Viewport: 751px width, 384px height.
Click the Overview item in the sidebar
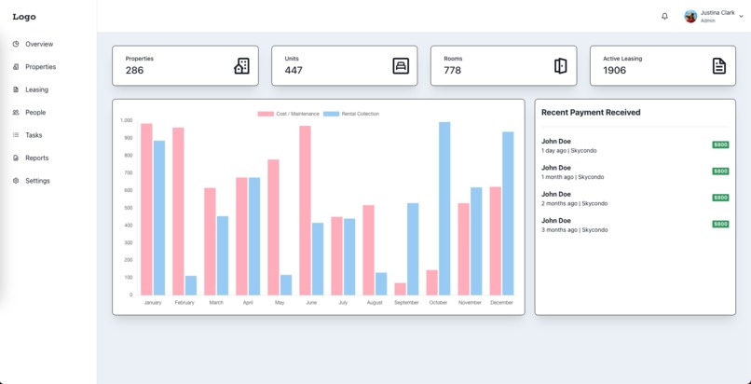click(x=38, y=44)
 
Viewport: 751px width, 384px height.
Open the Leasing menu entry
click(x=36, y=89)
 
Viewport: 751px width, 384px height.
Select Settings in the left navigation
click(x=37, y=181)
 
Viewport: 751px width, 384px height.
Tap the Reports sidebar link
click(x=36, y=158)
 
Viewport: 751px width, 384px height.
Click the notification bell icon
click(x=664, y=16)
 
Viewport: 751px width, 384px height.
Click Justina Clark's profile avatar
click(x=690, y=16)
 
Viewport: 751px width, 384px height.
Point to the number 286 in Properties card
click(x=135, y=71)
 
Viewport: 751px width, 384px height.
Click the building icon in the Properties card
click(x=241, y=66)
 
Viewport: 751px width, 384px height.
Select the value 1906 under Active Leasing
click(x=615, y=71)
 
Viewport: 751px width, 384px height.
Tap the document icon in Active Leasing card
click(x=718, y=66)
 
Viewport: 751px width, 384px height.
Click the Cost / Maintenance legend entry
click(x=289, y=114)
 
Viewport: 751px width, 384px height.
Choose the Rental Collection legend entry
click(x=351, y=114)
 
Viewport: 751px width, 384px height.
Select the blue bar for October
click(x=444, y=209)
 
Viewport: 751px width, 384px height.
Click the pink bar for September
click(x=401, y=289)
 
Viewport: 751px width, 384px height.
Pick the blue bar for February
click(x=191, y=285)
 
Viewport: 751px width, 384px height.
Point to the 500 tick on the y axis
click(x=127, y=208)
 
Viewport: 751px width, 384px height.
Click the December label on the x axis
click(x=501, y=303)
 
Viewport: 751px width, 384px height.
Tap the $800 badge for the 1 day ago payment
click(x=720, y=145)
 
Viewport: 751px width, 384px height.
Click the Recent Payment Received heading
click(x=591, y=113)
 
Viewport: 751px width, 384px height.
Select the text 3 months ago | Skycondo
click(x=574, y=229)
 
